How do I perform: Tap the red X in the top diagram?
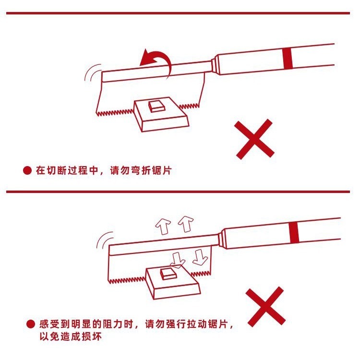255,140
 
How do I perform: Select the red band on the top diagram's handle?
288,59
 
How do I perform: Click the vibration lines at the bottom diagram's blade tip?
102,240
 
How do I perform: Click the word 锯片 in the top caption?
162,171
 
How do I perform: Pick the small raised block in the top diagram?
156,106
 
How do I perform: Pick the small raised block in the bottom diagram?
168,274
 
